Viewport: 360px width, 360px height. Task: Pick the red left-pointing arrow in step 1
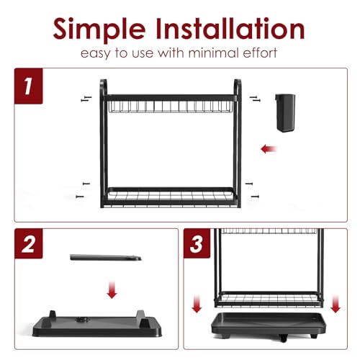(x=269, y=149)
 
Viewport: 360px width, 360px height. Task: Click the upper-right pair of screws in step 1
(x=254, y=98)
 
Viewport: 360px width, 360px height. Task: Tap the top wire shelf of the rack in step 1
(x=170, y=103)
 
